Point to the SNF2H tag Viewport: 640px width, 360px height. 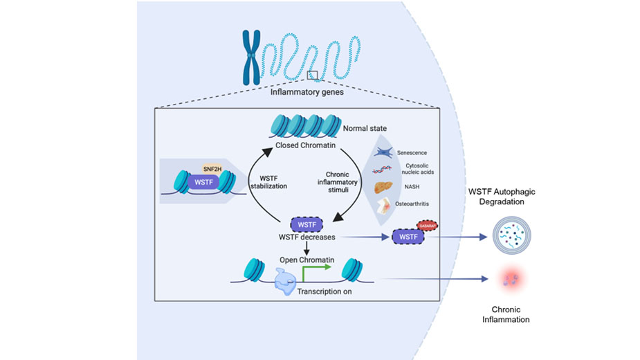coord(211,169)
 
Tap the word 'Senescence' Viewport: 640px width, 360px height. coord(412,151)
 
